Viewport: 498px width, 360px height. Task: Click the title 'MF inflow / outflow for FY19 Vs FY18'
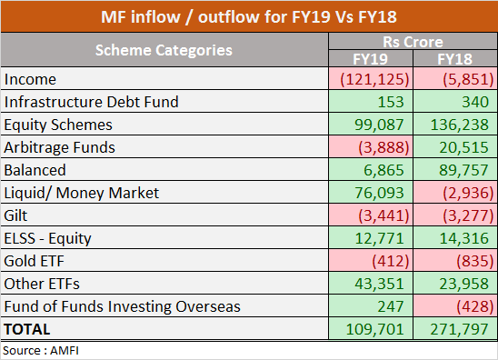point(249,16)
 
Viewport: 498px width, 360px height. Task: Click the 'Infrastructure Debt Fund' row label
point(92,102)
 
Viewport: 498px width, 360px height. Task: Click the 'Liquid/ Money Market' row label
point(81,193)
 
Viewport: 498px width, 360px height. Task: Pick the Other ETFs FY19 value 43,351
point(374,284)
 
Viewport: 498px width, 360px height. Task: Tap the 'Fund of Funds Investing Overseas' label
point(123,306)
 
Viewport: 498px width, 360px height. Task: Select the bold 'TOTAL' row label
point(29,329)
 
